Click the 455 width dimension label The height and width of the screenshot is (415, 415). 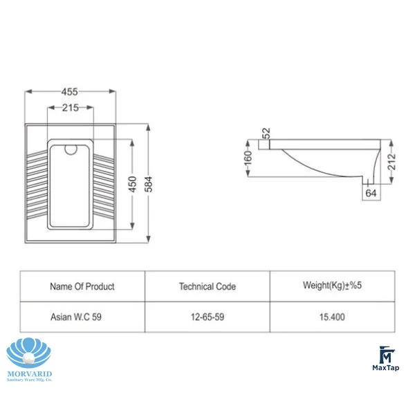(70, 92)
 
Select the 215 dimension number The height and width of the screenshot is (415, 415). (71, 108)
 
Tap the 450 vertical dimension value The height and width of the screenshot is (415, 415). (132, 184)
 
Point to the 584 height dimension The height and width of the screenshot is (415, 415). (149, 184)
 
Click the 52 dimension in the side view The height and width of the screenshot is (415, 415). (266, 133)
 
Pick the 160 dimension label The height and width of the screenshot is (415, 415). (248, 158)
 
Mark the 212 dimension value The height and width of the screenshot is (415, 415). (391, 162)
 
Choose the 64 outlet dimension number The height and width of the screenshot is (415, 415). (371, 193)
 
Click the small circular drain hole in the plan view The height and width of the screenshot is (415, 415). (71, 149)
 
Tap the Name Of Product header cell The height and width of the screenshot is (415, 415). (82, 286)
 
